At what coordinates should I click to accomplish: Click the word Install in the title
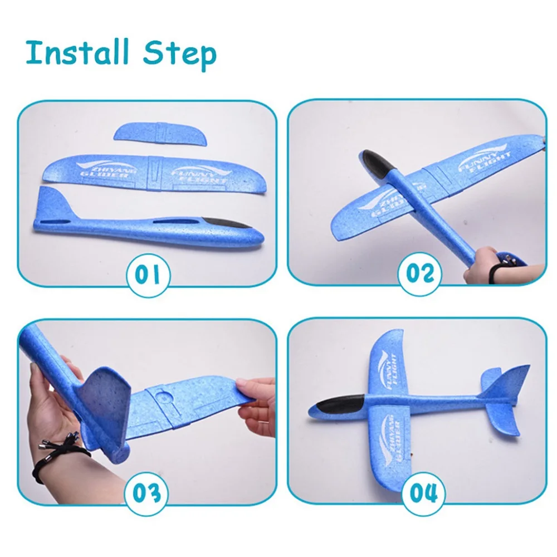pos(77,52)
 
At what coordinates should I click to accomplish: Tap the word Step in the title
pos(179,55)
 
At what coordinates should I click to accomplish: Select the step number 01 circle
pos(148,275)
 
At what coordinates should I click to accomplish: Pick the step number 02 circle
pos(419,273)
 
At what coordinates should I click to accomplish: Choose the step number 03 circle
pos(146,494)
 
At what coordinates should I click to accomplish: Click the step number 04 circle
pos(423,494)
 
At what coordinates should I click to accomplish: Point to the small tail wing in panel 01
pos(160,134)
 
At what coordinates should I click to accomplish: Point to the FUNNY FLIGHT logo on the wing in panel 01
pos(201,174)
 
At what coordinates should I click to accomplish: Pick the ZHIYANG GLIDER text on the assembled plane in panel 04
pos(390,439)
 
